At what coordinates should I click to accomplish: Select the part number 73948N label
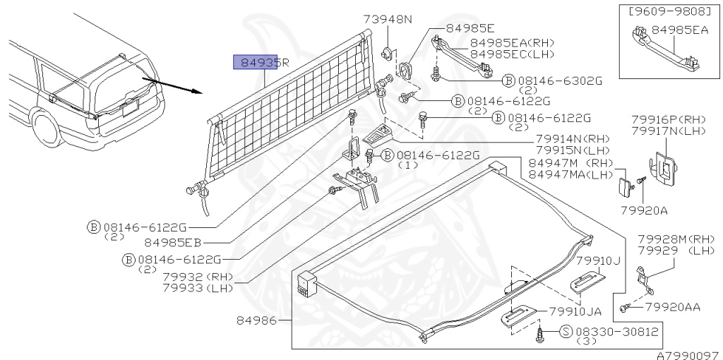click(388, 19)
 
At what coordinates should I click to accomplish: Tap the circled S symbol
click(566, 331)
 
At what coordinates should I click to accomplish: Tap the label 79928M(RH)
click(676, 239)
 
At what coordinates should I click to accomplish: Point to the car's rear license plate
click(130, 109)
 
